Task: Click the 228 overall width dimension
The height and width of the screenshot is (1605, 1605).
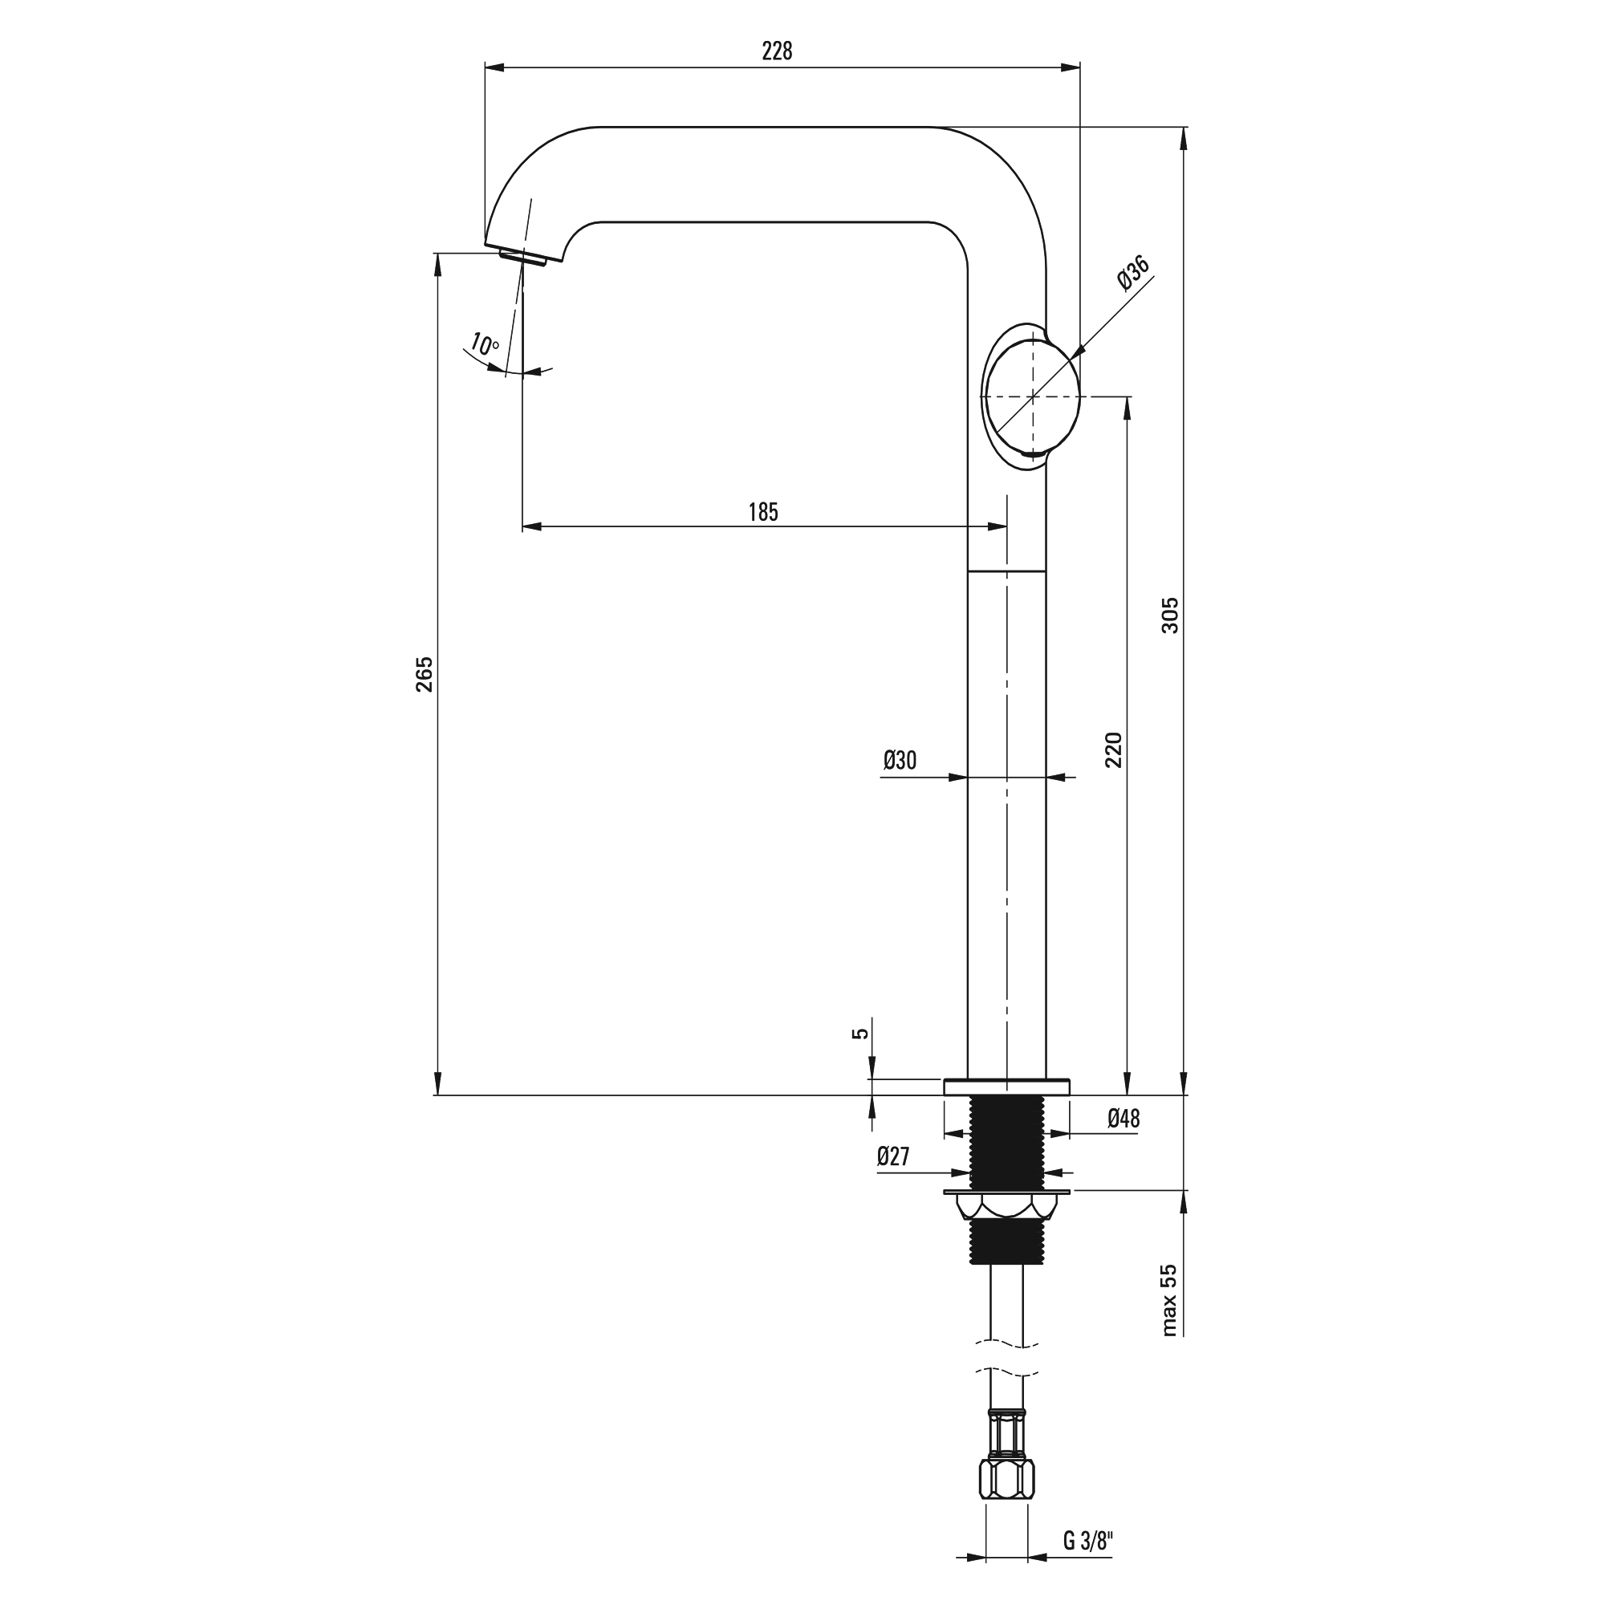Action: [777, 51]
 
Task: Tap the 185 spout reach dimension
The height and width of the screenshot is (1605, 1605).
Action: [762, 512]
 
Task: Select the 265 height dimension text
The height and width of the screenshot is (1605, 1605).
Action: [425, 674]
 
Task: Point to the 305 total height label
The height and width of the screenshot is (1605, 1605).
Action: [1170, 615]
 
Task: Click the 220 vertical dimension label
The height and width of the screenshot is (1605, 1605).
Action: [1113, 750]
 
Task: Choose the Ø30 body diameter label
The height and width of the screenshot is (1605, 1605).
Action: [900, 759]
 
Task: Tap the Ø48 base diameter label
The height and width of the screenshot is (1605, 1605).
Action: [1123, 1118]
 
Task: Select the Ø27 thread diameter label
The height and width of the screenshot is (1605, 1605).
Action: [893, 1156]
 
